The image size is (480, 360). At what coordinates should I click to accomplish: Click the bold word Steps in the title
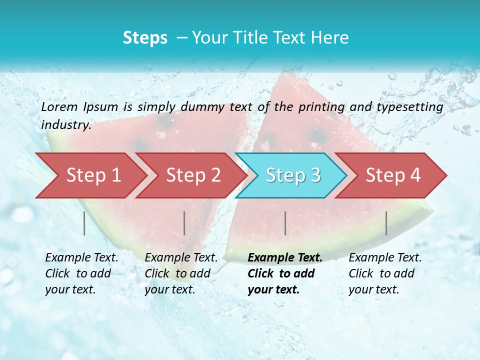pos(145,38)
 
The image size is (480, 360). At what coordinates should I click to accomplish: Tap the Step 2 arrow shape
pos(193,175)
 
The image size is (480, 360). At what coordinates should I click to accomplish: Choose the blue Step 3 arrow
pos(293,175)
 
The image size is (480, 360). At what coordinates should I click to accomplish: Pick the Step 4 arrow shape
pos(393,175)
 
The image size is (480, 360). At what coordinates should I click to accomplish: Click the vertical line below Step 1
pos(84,223)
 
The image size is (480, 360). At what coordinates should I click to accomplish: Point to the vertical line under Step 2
pos(184,223)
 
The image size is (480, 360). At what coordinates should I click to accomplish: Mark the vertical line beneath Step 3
pos(285,223)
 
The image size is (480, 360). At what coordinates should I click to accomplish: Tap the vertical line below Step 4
pos(386,223)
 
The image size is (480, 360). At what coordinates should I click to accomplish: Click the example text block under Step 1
pos(82,273)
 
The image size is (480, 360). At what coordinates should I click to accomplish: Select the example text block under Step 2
pos(181,273)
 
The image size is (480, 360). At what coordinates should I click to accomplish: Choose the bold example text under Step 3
pos(285,273)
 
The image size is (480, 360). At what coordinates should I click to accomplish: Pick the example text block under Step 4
pos(385,273)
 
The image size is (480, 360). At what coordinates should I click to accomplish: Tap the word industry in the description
pos(66,125)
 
